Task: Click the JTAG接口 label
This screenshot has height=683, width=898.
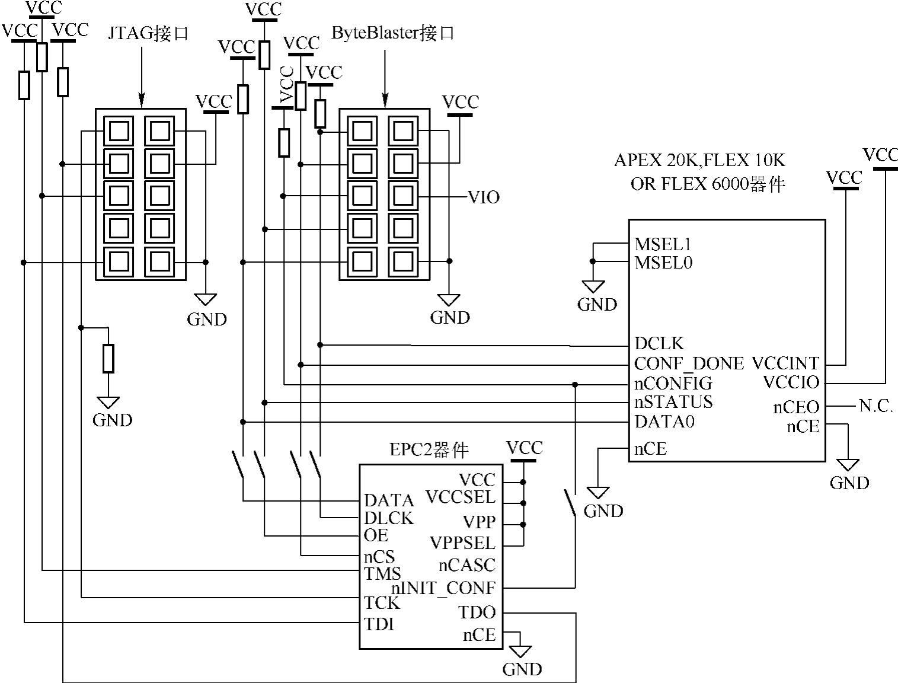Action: [x=148, y=33]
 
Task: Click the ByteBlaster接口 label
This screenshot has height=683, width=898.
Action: [x=392, y=33]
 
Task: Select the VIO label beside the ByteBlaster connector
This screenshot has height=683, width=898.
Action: [x=484, y=197]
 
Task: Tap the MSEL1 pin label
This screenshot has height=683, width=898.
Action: [x=663, y=244]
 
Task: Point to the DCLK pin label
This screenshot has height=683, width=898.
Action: [x=659, y=343]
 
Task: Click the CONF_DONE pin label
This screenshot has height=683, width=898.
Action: [x=689, y=363]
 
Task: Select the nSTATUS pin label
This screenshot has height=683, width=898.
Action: [x=673, y=402]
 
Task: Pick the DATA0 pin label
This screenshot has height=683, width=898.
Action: [x=664, y=422]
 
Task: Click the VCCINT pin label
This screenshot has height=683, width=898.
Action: [x=785, y=363]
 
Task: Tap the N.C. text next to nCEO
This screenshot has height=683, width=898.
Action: [x=876, y=406]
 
